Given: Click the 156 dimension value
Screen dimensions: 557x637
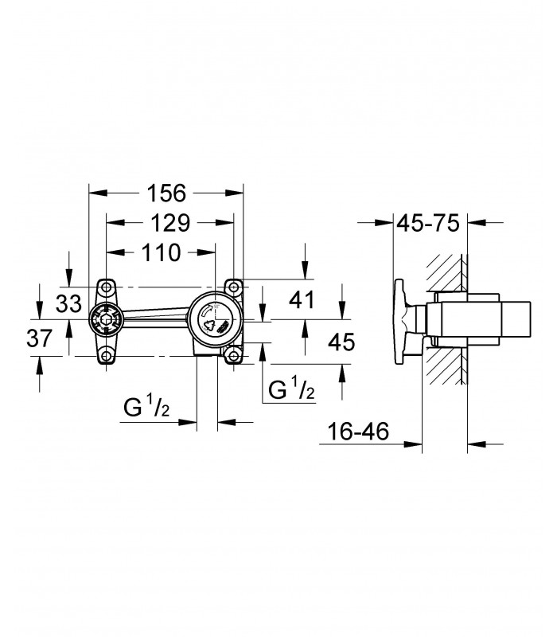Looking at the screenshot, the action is click(x=166, y=193).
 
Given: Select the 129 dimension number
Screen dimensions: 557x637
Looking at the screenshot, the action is click(x=170, y=223).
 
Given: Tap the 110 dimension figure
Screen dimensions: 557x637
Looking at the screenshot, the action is click(x=162, y=252).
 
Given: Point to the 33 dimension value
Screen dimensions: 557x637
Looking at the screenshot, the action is click(x=68, y=303).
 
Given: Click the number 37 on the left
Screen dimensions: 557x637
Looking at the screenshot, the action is click(x=40, y=338).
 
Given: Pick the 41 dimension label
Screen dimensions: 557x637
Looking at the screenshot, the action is click(x=302, y=300).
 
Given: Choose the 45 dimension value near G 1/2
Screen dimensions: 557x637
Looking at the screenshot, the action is click(x=341, y=342).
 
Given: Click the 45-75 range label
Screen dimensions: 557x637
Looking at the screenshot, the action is click(x=428, y=223).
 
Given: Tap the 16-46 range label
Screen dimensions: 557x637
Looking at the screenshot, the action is click(x=358, y=431).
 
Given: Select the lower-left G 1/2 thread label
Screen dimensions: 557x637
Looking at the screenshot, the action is click(x=146, y=408).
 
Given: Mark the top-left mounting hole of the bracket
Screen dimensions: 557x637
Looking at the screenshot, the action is click(x=107, y=287).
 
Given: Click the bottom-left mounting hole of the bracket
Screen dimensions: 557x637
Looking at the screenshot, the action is click(x=107, y=356).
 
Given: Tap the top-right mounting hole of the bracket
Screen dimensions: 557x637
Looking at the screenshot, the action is click(x=233, y=287).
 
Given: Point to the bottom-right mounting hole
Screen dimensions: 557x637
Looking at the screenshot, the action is click(x=233, y=356).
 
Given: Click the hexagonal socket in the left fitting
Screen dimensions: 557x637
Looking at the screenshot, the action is click(x=107, y=319).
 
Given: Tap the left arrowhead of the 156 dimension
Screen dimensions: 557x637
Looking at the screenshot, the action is click(x=98, y=193).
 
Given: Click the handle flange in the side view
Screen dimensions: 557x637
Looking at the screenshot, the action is click(x=401, y=322).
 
